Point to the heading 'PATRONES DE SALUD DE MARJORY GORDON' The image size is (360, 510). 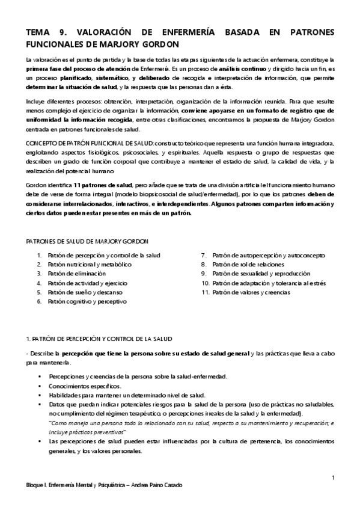point(86,241)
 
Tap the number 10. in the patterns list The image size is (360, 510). point(205,283)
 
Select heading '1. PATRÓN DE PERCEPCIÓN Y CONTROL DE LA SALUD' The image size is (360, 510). point(99,339)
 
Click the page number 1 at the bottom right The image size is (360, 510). point(333,478)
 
